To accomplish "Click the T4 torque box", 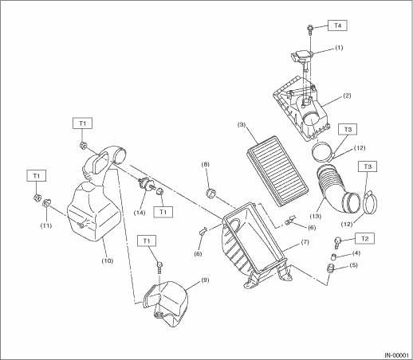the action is [337, 25].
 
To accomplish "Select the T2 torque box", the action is [365, 238].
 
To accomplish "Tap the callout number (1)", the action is [339, 48].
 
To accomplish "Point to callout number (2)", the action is [347, 96].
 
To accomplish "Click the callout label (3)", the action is [242, 124].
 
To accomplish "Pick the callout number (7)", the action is [305, 242].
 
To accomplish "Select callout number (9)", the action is [205, 280].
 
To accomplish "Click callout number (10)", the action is [108, 260].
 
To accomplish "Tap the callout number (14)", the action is [140, 213].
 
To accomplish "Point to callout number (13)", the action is [316, 217].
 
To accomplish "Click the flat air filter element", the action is [277, 171].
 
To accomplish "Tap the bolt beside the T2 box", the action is [337, 242].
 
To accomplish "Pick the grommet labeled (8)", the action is [211, 193].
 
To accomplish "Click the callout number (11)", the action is [46, 225].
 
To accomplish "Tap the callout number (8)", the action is [205, 164].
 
